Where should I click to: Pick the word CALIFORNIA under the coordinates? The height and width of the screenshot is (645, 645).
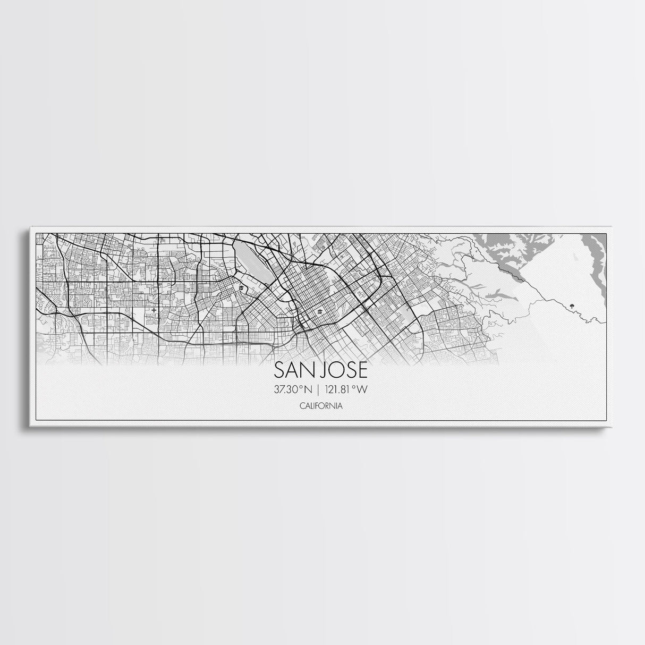click(x=320, y=406)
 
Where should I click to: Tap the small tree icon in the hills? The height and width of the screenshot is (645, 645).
click(x=571, y=305)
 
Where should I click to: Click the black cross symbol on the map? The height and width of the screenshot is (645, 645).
click(x=154, y=310)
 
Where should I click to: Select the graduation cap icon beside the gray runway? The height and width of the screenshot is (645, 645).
click(x=241, y=288)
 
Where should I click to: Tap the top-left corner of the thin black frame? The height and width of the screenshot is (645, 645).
click(x=36, y=233)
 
